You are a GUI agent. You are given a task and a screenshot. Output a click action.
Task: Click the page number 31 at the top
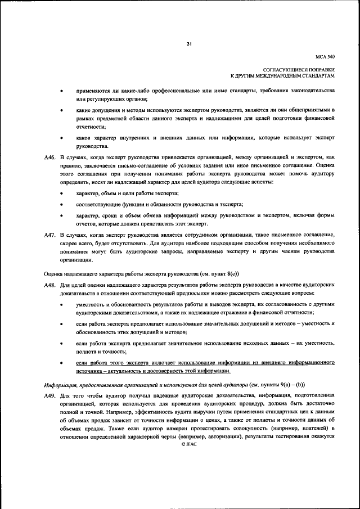tap(189, 45)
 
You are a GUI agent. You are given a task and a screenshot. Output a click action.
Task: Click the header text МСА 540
tap(325, 57)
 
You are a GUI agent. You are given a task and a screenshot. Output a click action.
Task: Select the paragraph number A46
tap(50, 158)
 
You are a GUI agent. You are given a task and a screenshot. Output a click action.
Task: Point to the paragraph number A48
tap(50, 285)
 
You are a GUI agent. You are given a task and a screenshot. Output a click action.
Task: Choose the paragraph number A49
tap(50, 396)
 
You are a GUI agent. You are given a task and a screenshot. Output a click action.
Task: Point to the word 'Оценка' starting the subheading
tap(53, 273)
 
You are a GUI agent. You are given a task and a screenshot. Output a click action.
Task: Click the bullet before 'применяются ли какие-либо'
tap(61, 91)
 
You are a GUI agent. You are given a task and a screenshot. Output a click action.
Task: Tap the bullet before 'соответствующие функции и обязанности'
tap(61, 204)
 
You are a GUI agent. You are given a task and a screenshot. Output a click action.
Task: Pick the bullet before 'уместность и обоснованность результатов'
tap(61, 304)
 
